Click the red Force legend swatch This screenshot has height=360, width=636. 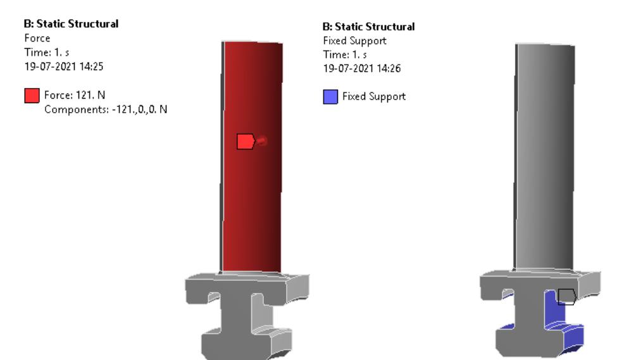tap(30, 96)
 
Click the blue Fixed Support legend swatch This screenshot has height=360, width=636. tap(330, 97)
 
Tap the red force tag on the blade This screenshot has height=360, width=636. tap(245, 142)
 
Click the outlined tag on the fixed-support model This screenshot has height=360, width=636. tap(566, 296)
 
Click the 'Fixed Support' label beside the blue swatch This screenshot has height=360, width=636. tap(374, 97)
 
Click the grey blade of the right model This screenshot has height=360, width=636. tap(544, 158)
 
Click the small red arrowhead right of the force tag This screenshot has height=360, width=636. tap(263, 141)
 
